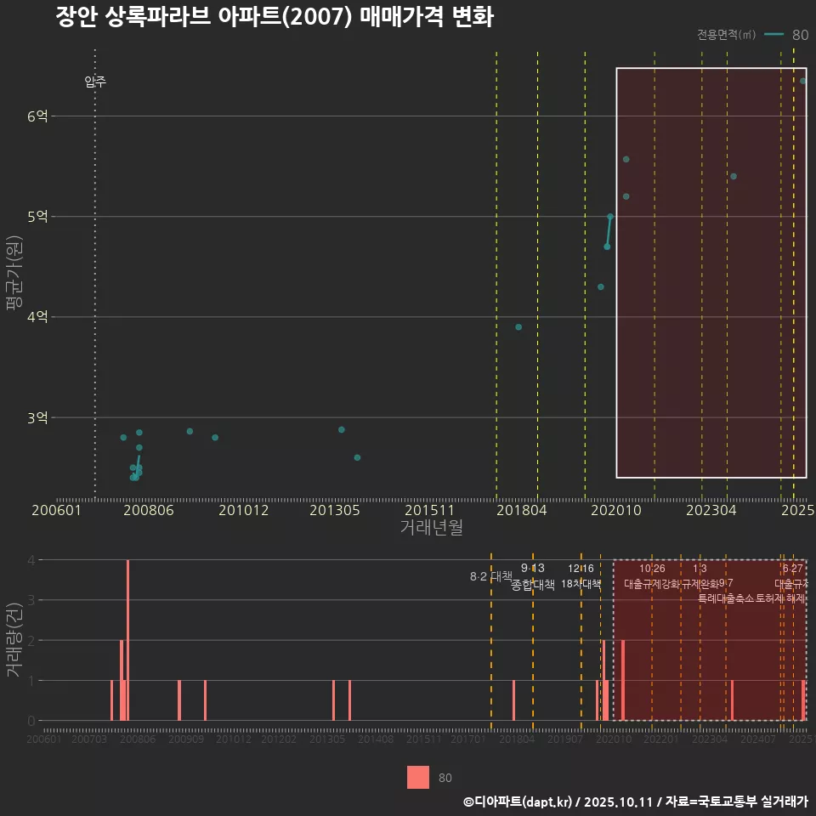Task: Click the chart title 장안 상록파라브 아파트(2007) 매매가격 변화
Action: (x=274, y=17)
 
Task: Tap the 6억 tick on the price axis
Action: (x=37, y=116)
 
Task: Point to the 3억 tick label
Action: (x=37, y=417)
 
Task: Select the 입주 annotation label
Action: (x=95, y=82)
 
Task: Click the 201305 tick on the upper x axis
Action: (x=334, y=510)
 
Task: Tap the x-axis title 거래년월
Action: (x=431, y=528)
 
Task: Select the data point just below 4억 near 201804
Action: (x=518, y=327)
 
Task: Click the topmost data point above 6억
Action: (x=803, y=81)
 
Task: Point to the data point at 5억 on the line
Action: (x=610, y=217)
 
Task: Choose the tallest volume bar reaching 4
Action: (x=127, y=640)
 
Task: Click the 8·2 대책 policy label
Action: (x=485, y=576)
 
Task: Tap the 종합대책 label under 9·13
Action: (x=533, y=585)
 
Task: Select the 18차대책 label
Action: (x=581, y=584)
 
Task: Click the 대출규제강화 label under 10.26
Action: (x=652, y=584)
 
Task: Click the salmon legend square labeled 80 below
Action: (x=417, y=777)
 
